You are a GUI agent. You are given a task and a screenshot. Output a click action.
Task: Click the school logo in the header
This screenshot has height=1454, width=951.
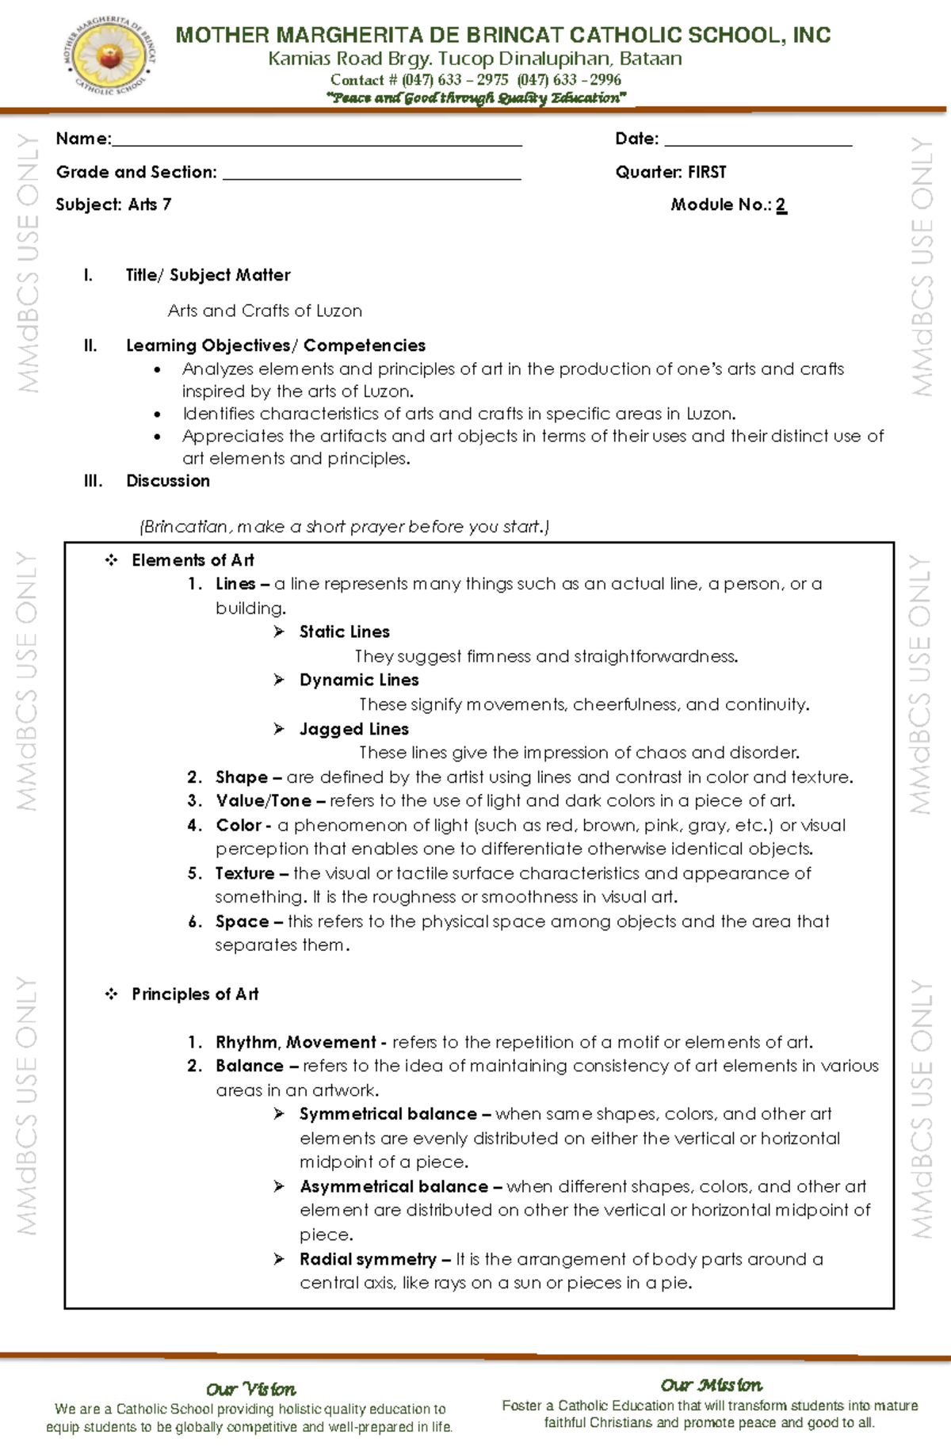click(x=109, y=55)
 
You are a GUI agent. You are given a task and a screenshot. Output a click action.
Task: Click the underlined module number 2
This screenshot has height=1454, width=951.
click(x=781, y=205)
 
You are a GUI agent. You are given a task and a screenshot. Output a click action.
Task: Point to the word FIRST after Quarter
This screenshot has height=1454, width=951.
click(x=707, y=172)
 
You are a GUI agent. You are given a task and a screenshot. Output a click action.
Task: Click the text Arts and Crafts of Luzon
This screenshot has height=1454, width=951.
click(x=265, y=311)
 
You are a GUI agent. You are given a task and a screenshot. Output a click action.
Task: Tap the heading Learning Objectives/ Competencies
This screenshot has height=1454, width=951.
click(x=276, y=345)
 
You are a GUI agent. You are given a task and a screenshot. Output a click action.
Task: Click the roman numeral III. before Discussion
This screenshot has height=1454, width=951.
click(x=93, y=481)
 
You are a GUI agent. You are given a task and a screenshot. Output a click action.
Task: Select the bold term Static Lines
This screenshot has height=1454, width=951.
click(x=344, y=632)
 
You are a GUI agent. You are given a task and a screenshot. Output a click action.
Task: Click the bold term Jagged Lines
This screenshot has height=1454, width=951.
click(x=353, y=729)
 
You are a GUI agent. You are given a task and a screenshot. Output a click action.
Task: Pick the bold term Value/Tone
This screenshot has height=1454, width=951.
click(x=263, y=801)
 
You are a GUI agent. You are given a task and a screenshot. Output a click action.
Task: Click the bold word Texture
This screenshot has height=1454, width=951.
click(x=245, y=873)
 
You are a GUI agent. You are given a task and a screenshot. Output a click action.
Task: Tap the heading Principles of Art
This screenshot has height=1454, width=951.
click(x=195, y=994)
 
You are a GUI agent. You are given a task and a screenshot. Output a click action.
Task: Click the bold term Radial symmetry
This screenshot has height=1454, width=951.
click(x=368, y=1259)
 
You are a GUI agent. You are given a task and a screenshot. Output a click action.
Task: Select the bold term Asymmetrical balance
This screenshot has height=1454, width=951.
click(x=393, y=1186)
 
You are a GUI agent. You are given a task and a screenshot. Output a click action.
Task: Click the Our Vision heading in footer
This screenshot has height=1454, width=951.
click(x=250, y=1389)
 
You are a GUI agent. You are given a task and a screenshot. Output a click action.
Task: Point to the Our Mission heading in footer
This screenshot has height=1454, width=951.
click(x=711, y=1385)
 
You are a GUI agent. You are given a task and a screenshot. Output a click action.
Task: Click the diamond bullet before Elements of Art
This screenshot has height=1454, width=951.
click(x=111, y=561)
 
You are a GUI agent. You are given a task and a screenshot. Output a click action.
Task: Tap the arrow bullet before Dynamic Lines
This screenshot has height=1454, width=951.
click(x=279, y=680)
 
